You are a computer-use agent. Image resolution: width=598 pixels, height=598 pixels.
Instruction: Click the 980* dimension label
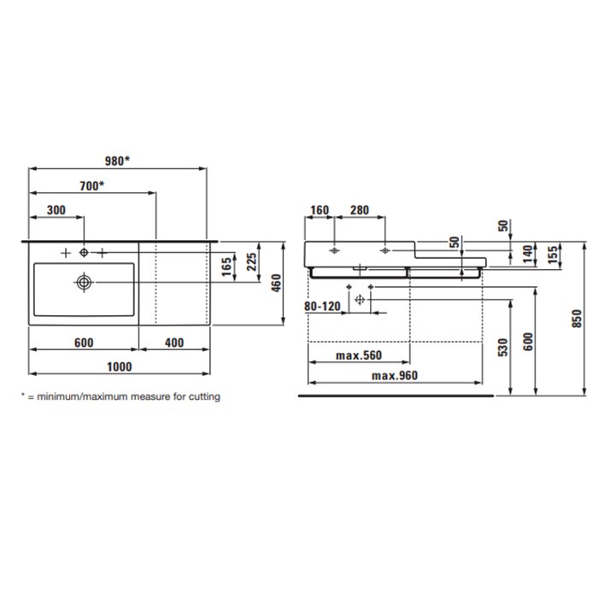point(117,161)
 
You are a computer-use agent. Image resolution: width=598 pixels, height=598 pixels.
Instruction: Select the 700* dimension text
point(91,185)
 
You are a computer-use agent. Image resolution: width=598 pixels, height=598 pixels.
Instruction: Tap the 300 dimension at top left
point(56,210)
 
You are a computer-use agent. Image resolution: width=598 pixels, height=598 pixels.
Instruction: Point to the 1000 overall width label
point(120,366)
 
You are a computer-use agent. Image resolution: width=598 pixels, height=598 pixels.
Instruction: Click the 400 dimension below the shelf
point(174,343)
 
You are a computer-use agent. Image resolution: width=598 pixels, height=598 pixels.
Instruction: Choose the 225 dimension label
point(252,262)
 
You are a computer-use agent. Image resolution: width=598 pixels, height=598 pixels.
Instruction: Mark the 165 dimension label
point(226,267)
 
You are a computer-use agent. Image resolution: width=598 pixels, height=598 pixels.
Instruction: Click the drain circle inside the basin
point(84,283)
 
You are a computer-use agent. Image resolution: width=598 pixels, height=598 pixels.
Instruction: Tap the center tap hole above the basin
point(84,253)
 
